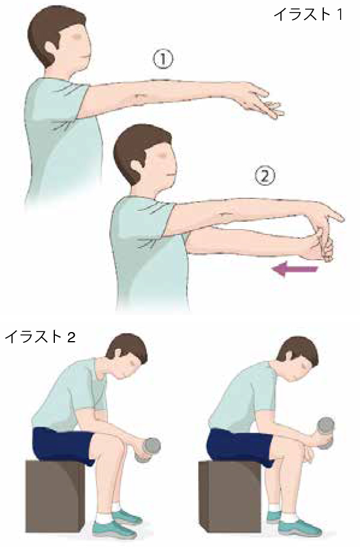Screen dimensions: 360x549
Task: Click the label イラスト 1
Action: click(x=308, y=15)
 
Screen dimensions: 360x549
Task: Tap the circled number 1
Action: click(x=163, y=60)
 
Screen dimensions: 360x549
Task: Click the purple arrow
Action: click(x=295, y=270)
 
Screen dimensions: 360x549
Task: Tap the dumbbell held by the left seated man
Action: click(x=150, y=448)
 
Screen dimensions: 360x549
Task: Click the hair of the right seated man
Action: click(x=298, y=350)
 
